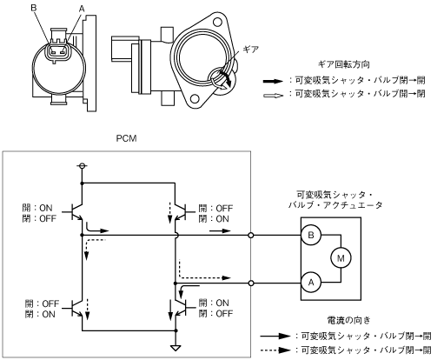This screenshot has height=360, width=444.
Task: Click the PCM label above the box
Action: click(126, 138)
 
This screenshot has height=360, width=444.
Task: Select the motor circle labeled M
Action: click(341, 258)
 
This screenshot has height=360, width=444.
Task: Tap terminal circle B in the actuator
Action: click(311, 235)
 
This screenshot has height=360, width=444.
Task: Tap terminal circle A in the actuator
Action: click(311, 283)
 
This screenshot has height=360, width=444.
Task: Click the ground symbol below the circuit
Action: click(176, 348)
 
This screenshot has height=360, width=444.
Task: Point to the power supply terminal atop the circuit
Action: click(82, 166)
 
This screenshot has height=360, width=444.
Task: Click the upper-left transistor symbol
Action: click(77, 212)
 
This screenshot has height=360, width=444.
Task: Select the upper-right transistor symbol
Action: click(181, 212)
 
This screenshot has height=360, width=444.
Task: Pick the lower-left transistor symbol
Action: click(77, 307)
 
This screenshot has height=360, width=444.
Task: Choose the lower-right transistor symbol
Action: click(181, 307)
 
